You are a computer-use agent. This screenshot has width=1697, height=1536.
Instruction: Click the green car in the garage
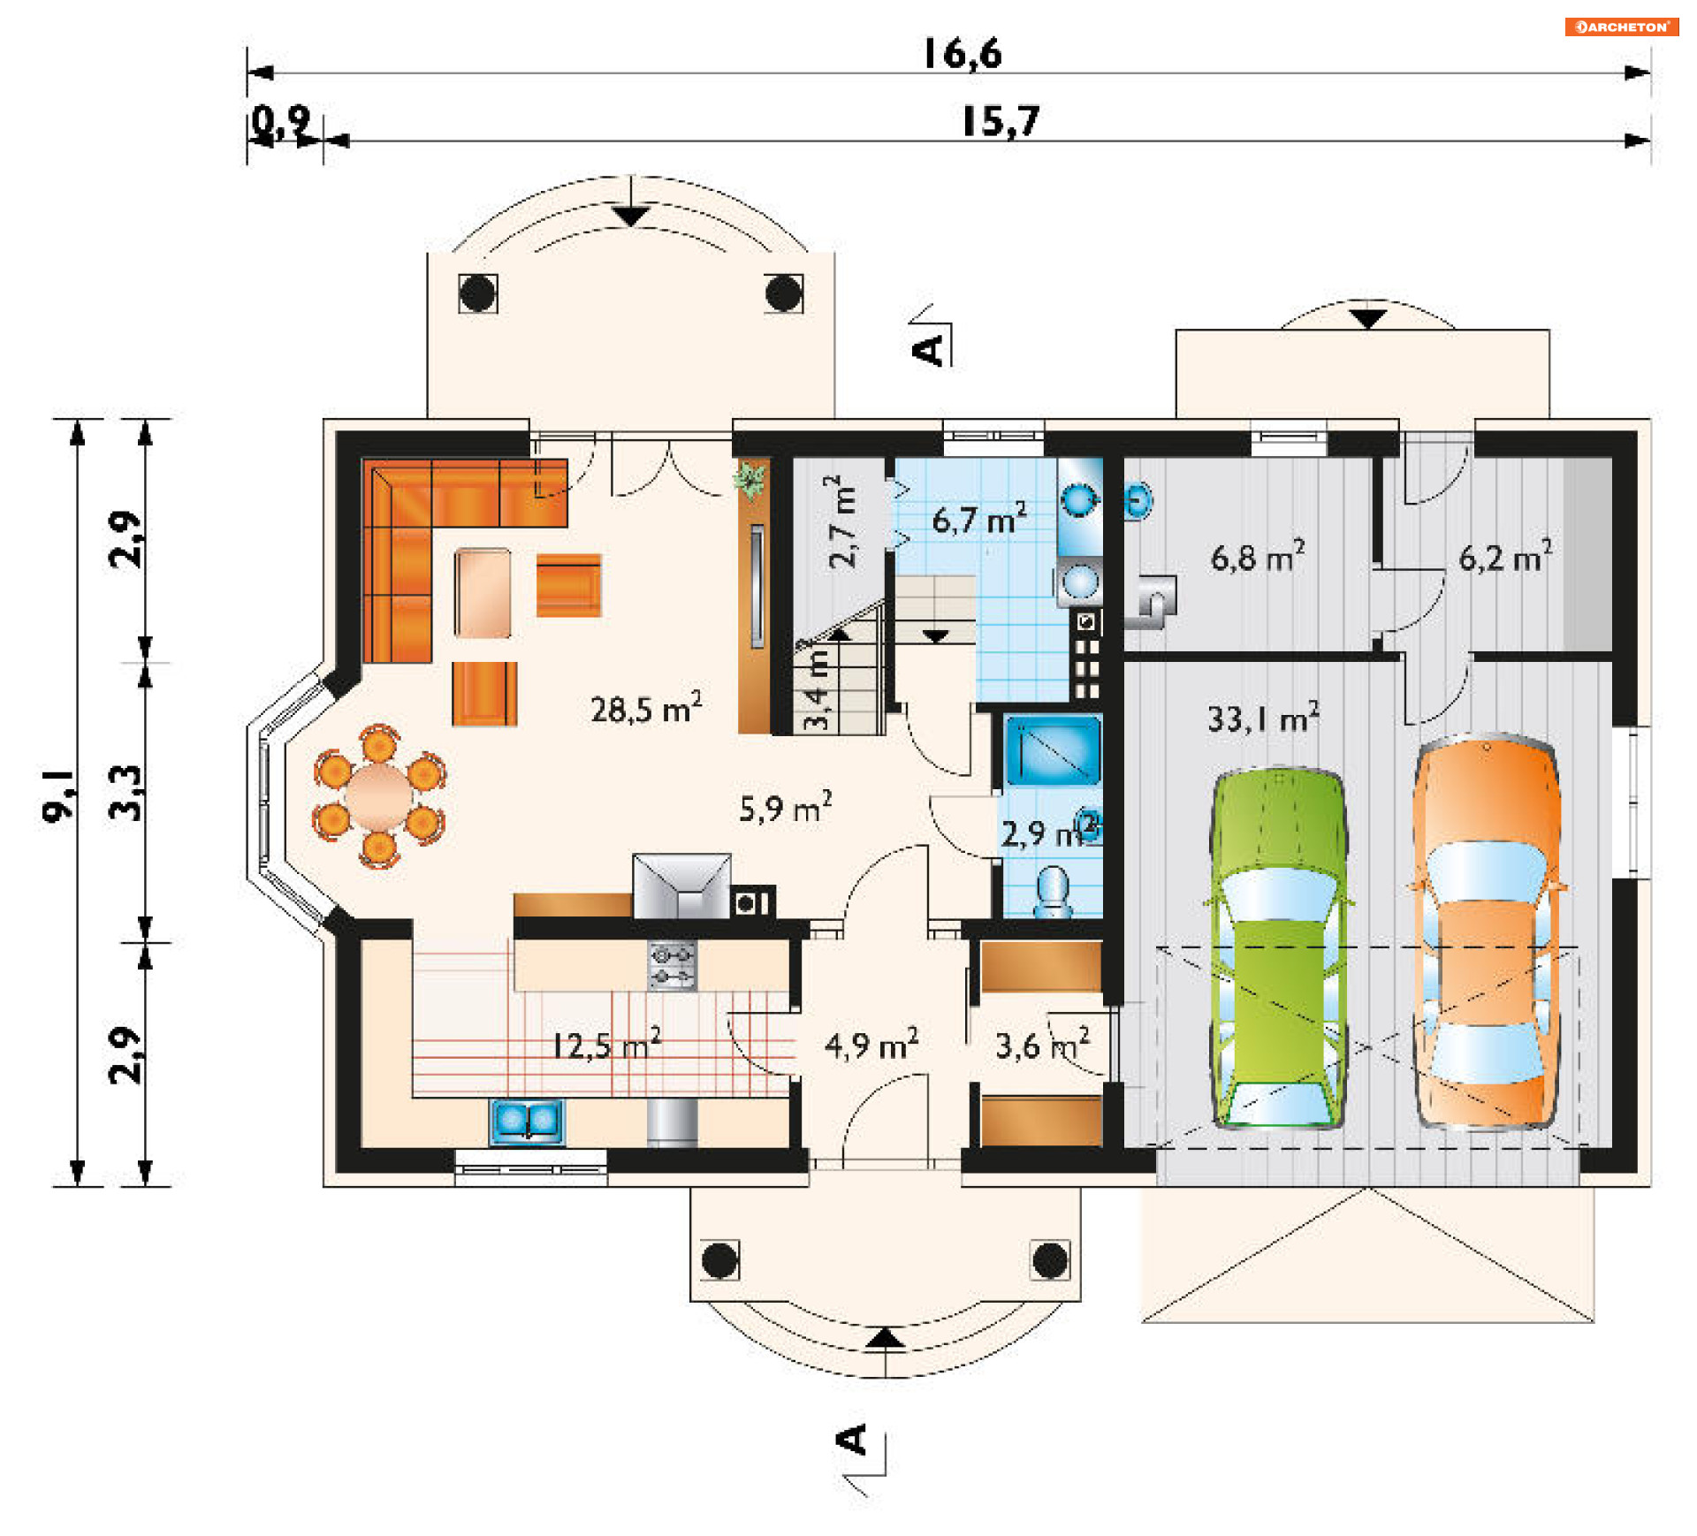click(x=1278, y=950)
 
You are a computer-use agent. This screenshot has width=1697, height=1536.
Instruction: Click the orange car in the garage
click(x=1487, y=932)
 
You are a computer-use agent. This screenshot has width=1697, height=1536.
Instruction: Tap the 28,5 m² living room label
click(x=646, y=709)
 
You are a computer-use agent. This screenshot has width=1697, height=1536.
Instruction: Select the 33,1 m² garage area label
click(x=1263, y=718)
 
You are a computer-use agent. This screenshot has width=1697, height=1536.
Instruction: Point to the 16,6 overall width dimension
click(x=963, y=54)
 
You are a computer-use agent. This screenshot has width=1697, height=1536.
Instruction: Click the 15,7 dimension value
click(x=1001, y=121)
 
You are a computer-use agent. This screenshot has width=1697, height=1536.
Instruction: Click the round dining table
click(x=379, y=795)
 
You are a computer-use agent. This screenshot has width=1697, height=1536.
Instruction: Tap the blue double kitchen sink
click(x=527, y=1121)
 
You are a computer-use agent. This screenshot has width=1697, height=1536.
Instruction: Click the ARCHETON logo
click(x=1621, y=27)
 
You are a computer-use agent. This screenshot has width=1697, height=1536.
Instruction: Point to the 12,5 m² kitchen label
click(x=607, y=1045)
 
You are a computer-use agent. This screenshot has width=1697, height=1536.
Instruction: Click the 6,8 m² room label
click(x=1257, y=557)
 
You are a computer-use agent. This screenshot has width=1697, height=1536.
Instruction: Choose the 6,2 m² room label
click(x=1504, y=557)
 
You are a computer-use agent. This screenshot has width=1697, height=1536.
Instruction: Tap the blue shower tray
click(x=1053, y=750)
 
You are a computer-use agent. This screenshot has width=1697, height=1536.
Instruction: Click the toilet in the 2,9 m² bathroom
click(x=1053, y=891)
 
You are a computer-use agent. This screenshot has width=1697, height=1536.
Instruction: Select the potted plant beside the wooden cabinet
click(x=750, y=481)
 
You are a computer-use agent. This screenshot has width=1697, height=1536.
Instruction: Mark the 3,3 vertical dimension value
click(x=126, y=793)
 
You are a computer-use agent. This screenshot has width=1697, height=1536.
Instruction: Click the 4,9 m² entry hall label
click(x=871, y=1046)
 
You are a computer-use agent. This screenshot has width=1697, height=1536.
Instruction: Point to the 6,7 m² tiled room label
click(x=979, y=519)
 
